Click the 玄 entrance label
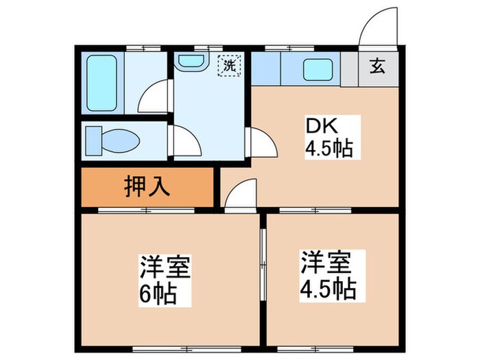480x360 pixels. click(x=377, y=68)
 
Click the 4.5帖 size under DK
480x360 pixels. click(x=329, y=148)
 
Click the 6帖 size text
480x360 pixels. click(x=159, y=296)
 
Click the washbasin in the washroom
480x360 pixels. click(x=190, y=62)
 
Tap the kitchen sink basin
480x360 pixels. click(x=317, y=70)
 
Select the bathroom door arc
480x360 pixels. click(x=154, y=96)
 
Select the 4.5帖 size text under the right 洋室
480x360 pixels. click(x=327, y=288)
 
